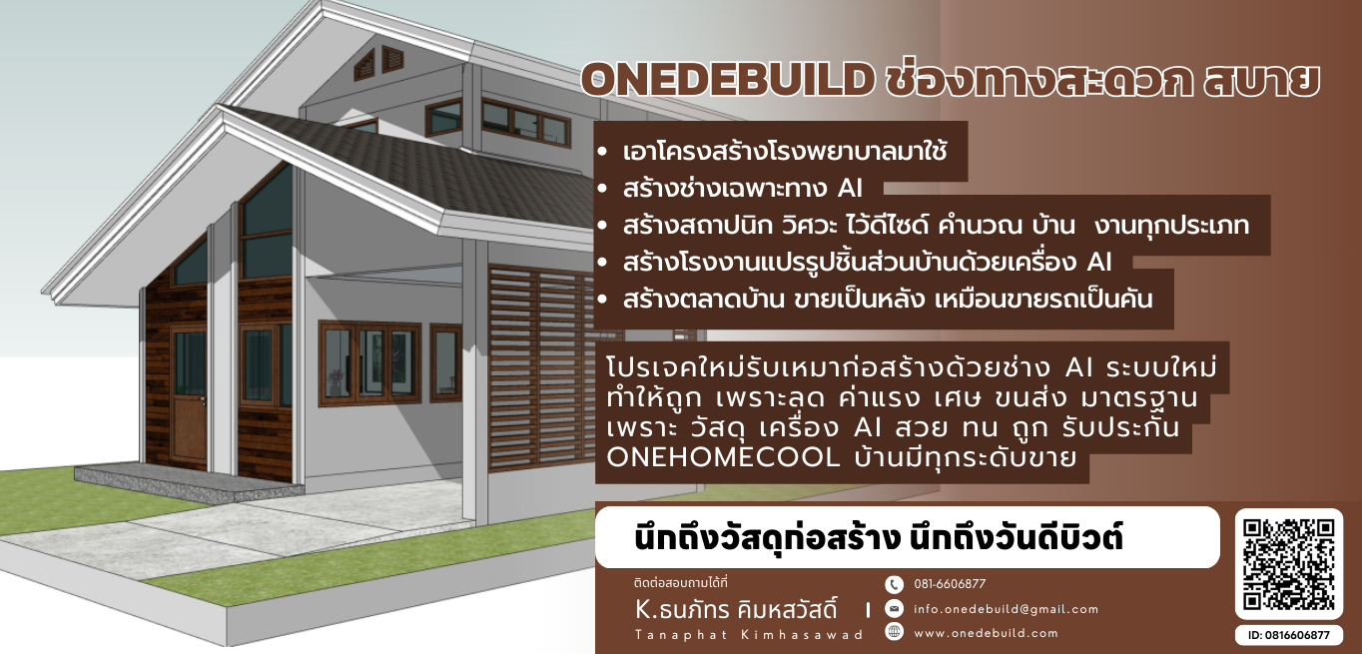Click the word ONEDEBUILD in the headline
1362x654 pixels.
pyautogui.click(x=727, y=80)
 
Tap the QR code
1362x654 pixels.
pyautogui.click(x=1288, y=564)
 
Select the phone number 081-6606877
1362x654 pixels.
pyautogui.click(x=950, y=584)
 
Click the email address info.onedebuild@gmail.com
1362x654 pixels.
pyautogui.click(x=1006, y=609)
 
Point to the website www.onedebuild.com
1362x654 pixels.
pyautogui.click(x=986, y=633)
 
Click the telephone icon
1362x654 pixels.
pyautogui.click(x=894, y=585)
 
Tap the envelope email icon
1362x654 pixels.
pyautogui.click(x=894, y=608)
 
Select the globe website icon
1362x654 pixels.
pyautogui.click(x=894, y=632)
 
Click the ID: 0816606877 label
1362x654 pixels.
pyautogui.click(x=1288, y=636)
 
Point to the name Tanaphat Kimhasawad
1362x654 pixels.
pyautogui.click(x=749, y=635)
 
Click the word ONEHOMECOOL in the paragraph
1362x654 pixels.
pyautogui.click(x=723, y=457)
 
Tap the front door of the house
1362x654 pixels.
pyautogui.click(x=189, y=396)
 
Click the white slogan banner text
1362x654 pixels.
pyautogui.click(x=878, y=537)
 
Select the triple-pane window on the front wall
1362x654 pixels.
pyautogui.click(x=369, y=363)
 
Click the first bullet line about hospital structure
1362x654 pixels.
pyautogui.click(x=785, y=152)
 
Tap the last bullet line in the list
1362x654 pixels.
pyautogui.click(x=875, y=299)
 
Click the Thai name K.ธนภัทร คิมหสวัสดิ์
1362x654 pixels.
pyautogui.click(x=736, y=609)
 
